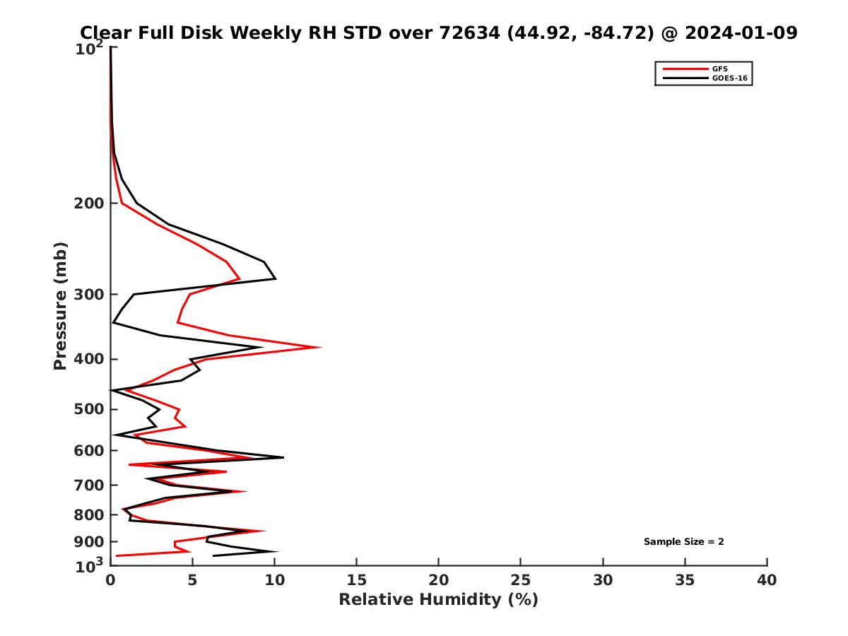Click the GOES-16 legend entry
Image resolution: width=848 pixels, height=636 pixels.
729,78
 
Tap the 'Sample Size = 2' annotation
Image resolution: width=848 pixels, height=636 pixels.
683,542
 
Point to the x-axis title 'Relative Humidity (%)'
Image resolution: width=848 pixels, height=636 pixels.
438,600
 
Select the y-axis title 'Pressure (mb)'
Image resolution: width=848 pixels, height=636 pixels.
60,305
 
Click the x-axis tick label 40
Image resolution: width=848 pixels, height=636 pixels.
767,580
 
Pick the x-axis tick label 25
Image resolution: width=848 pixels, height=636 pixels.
521,580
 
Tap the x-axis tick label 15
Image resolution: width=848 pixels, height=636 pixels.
356,580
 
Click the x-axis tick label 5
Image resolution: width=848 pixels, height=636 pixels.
192,580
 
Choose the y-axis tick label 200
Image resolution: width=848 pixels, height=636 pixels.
89,204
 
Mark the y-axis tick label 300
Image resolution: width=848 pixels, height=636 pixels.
89,295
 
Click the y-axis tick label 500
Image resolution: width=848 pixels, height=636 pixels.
89,410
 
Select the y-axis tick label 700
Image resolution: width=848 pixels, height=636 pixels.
89,485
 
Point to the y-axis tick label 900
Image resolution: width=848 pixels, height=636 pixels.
89,542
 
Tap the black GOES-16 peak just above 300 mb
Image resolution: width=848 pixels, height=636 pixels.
276,279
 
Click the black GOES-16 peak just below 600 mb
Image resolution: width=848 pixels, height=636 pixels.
283,458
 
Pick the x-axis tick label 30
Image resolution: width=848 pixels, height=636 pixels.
603,580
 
